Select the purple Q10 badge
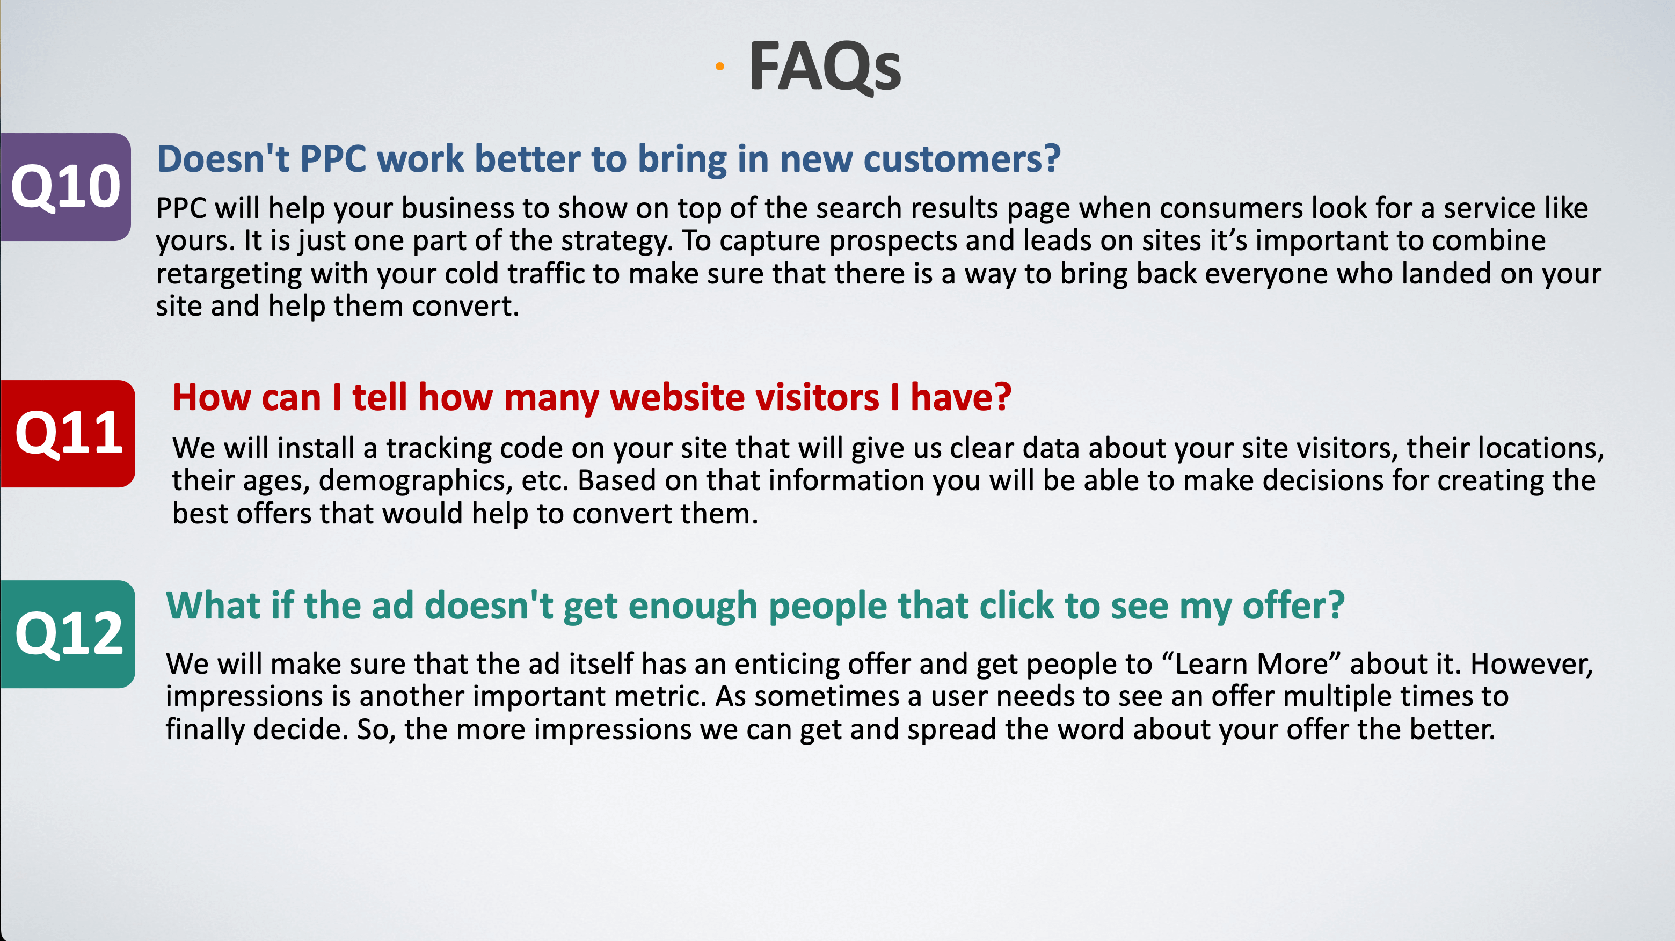pyautogui.click(x=65, y=187)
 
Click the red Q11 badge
pyautogui.click(x=67, y=434)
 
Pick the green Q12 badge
pyautogui.click(x=67, y=634)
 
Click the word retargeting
pyautogui.click(x=228, y=274)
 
